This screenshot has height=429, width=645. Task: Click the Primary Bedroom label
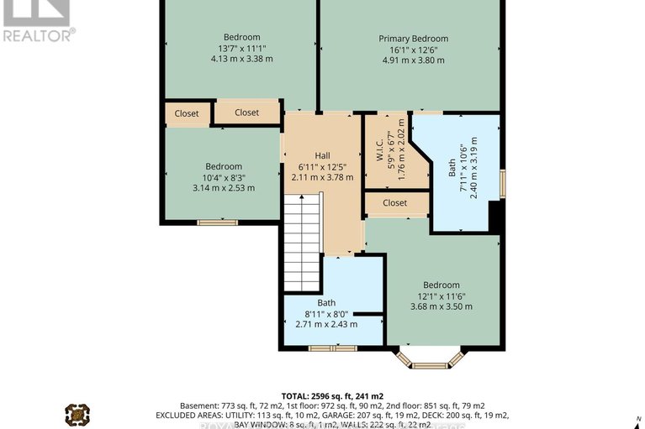[x=413, y=39]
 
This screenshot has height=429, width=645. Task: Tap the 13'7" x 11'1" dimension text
[x=241, y=48]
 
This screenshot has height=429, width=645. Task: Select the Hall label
[x=322, y=156]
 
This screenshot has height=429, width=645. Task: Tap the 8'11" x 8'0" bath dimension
[x=325, y=313]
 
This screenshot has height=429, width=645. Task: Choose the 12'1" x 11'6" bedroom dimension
[x=441, y=296]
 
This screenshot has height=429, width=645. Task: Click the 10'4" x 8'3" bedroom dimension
[x=223, y=177]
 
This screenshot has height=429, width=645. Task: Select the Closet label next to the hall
[x=246, y=112]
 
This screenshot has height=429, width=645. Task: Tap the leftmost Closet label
[x=187, y=113]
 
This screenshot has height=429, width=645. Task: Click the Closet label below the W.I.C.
[x=394, y=203]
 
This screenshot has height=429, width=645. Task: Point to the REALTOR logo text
[x=39, y=34]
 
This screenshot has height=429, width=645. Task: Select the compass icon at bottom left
[x=77, y=414]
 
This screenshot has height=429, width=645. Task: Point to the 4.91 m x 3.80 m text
[x=413, y=60]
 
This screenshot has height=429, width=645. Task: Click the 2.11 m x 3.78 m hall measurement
[x=322, y=177]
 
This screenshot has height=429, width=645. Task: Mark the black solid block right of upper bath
[x=495, y=217]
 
